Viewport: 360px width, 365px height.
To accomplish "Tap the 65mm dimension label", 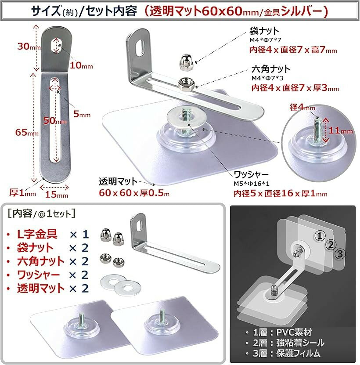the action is point(27,132).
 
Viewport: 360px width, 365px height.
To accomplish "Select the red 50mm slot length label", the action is point(55,121).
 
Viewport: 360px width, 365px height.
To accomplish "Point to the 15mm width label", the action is point(57,194).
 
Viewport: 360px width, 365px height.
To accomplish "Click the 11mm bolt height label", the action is point(341,130).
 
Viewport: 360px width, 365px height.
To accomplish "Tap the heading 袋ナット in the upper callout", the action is point(264,30).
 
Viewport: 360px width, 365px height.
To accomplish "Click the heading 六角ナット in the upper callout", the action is point(271,69).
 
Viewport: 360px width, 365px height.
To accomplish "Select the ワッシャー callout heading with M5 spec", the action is point(251,174).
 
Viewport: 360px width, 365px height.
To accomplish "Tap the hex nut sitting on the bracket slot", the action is point(187,84).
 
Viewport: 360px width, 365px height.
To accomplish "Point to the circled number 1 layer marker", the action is point(320,236).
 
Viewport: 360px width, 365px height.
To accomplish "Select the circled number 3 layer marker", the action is point(340,253).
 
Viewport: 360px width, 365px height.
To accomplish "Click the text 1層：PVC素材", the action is point(282,332).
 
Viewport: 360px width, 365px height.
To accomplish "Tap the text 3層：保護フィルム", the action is point(287,353).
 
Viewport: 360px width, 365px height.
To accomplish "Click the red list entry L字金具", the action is point(37,234).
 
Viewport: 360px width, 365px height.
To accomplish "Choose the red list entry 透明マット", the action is point(41,288).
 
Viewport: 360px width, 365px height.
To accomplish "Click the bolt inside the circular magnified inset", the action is point(318,130).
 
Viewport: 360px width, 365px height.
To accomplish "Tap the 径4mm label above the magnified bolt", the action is point(302,107).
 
